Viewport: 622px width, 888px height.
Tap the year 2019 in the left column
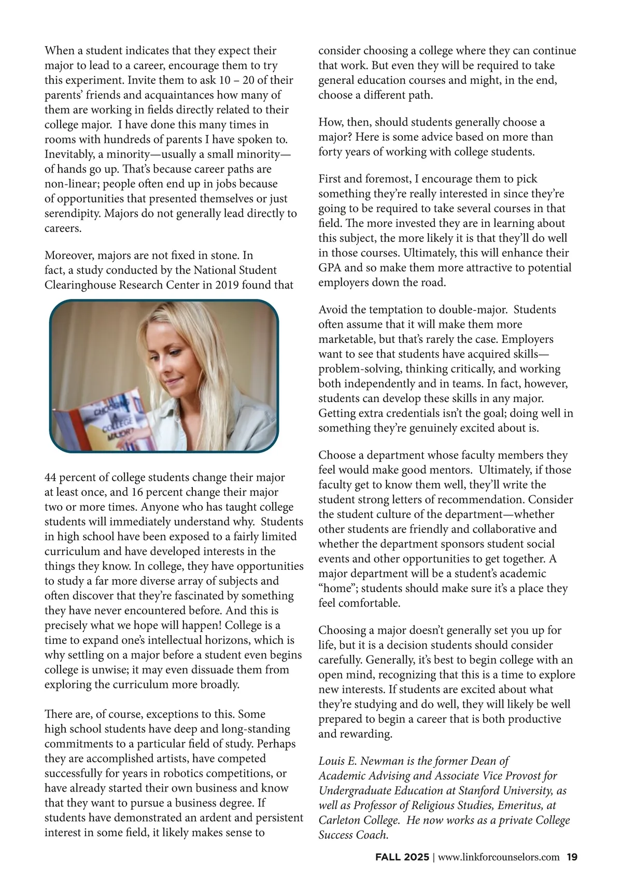(x=225, y=285)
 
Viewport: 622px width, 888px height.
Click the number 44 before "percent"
(x=51, y=477)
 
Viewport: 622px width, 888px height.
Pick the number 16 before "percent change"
(x=137, y=492)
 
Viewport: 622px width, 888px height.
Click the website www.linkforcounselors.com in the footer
(x=499, y=857)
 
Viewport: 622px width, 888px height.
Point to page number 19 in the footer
(x=572, y=857)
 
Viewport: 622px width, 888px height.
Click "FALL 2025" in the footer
(x=402, y=857)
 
